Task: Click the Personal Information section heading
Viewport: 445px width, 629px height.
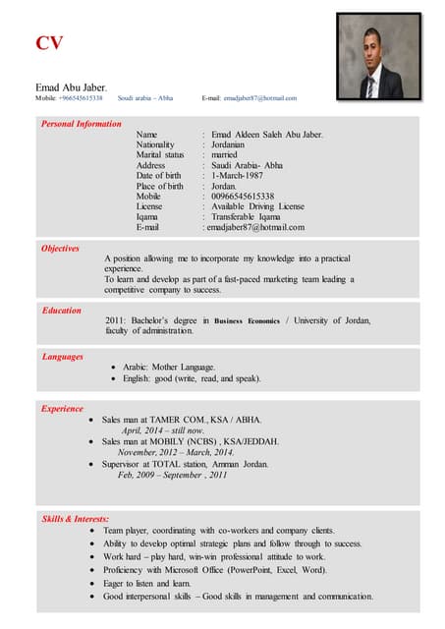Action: tap(82, 124)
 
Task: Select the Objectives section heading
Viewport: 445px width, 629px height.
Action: tap(60, 249)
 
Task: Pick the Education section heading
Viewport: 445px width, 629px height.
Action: tap(61, 311)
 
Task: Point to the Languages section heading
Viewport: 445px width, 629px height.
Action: tap(62, 357)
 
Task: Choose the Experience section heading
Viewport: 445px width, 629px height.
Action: tap(62, 408)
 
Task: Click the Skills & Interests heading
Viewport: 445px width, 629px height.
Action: tap(75, 518)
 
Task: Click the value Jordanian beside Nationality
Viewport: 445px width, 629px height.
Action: tap(234, 144)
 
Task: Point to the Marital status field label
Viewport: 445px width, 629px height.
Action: tap(160, 154)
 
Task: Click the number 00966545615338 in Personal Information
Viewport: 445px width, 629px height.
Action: tap(240, 196)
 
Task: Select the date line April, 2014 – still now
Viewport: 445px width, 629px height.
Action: tap(162, 430)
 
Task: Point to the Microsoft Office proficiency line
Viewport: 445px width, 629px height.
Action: tap(215, 569)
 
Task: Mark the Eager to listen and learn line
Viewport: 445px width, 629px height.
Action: tap(147, 583)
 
